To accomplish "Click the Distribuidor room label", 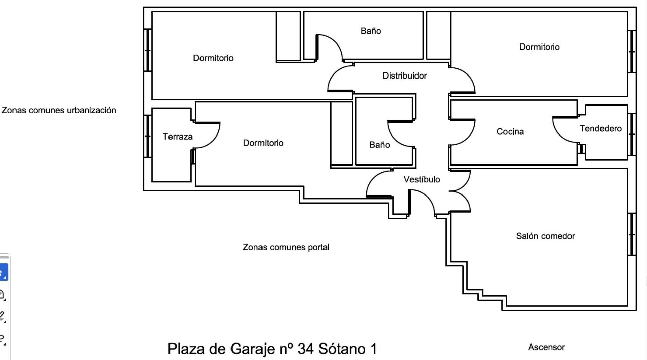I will tap(404, 76).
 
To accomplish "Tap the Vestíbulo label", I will tap(422, 179).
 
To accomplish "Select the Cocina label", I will tap(510, 132).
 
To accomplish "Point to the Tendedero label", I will tap(600, 129).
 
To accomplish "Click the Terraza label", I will tap(178, 137).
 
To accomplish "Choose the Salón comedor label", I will tap(545, 236).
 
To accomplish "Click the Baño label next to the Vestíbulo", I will tap(379, 145).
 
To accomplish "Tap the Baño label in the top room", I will tap(371, 31).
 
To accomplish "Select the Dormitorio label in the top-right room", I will tap(539, 47).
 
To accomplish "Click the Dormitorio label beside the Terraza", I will tap(263, 143).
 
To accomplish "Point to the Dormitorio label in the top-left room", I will tap(213, 58).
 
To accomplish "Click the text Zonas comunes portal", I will tap(286, 247).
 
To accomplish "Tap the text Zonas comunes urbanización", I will tap(59, 110).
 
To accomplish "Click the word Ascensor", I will tap(546, 347).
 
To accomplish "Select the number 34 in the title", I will tap(306, 349).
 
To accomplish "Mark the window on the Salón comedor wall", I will tap(632, 234).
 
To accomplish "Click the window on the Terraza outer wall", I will tap(147, 136).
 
